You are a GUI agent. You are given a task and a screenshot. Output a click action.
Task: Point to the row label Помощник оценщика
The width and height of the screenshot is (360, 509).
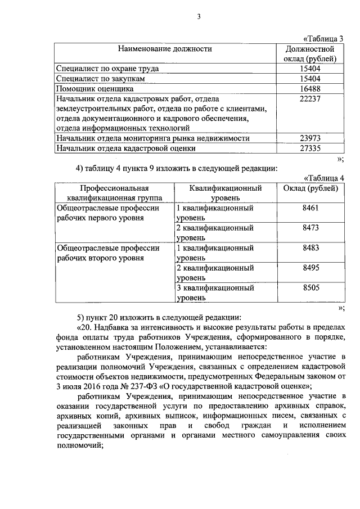click(x=94, y=88)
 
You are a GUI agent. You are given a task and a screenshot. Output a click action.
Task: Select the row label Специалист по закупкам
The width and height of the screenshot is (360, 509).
click(x=101, y=79)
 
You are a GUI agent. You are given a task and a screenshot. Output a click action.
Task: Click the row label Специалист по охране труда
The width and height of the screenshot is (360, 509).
click(x=107, y=69)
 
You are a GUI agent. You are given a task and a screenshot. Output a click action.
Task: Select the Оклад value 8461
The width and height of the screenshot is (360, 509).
click(x=310, y=208)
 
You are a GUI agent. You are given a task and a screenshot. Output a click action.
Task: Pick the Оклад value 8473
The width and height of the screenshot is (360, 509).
click(x=310, y=228)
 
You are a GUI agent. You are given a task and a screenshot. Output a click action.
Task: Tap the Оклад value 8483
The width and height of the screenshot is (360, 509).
click(x=310, y=248)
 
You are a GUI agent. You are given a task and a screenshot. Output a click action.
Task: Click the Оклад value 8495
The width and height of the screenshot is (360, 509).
click(x=310, y=268)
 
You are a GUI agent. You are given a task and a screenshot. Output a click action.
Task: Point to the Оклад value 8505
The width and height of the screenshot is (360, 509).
click(x=310, y=288)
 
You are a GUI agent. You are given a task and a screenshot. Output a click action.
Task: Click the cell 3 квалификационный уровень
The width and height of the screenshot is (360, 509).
click(x=215, y=292)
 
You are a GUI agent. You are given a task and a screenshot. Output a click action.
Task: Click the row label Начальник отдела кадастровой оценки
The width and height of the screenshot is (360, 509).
click(x=126, y=148)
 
